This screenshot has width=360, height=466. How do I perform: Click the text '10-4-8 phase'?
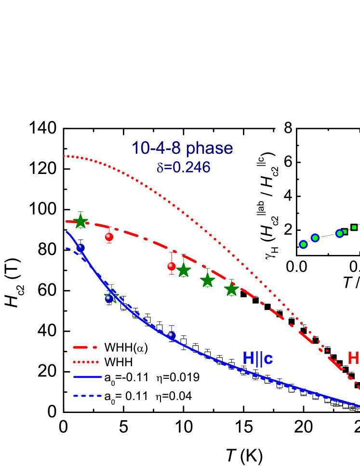pyautogui.click(x=182, y=148)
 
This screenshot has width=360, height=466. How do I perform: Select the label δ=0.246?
pyautogui.click(x=183, y=167)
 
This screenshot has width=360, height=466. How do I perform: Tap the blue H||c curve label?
pyautogui.click(x=257, y=358)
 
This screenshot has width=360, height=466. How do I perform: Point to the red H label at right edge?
pyautogui.click(x=353, y=358)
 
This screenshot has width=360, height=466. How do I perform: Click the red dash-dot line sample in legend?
pyautogui.click(x=85, y=347)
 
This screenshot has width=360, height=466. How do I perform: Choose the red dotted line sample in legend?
pyautogui.click(x=86, y=362)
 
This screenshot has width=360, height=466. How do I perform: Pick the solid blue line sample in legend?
pyautogui.click(x=87, y=377)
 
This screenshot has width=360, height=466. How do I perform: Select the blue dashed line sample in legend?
pyautogui.click(x=87, y=396)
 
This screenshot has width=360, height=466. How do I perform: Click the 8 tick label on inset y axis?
pyautogui.click(x=288, y=128)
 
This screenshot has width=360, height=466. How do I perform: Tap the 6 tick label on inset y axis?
pyautogui.click(x=288, y=162)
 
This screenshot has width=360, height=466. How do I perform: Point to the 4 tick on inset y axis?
pyautogui.click(x=288, y=196)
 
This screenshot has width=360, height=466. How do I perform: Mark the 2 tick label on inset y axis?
pyautogui.click(x=288, y=230)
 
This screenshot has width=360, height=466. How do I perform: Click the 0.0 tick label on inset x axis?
pyautogui.click(x=296, y=266)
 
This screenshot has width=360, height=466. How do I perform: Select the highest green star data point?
pyautogui.click(x=80, y=221)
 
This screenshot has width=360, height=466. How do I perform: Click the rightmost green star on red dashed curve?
pyautogui.click(x=232, y=289)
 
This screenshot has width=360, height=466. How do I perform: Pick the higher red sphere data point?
pyautogui.click(x=109, y=237)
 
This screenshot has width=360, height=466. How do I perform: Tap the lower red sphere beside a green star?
pyautogui.click(x=172, y=266)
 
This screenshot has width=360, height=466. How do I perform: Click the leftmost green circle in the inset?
pyautogui.click(x=303, y=244)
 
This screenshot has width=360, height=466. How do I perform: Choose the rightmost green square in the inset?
pyautogui.click(x=354, y=227)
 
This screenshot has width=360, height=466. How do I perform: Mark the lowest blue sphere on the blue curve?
pyautogui.click(x=171, y=335)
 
